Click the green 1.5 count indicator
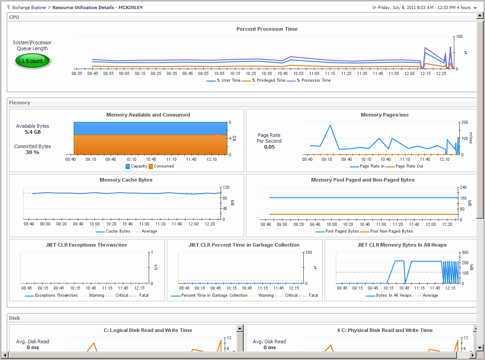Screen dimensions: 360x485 [33, 61]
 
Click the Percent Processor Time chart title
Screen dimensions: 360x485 [267, 29]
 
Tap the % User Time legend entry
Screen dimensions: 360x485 [228, 80]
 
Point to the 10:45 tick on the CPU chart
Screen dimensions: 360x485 [283, 73]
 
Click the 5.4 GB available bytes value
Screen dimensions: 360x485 [33, 132]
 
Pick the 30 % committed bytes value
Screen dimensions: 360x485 [33, 152]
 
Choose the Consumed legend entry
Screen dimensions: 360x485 [163, 166]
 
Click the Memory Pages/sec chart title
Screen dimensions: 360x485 [384, 115]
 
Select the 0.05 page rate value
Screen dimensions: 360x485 [269, 147]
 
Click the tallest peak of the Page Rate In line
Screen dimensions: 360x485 [330, 125]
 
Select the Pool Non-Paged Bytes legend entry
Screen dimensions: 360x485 [391, 231]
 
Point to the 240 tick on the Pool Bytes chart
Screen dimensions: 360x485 [463, 187]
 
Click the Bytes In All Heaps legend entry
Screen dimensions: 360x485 [393, 295]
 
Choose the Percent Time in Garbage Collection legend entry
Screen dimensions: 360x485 [214, 295]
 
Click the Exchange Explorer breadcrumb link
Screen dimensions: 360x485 [29, 8]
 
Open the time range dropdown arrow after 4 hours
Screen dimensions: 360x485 [475, 8]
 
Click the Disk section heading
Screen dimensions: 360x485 [14, 318]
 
